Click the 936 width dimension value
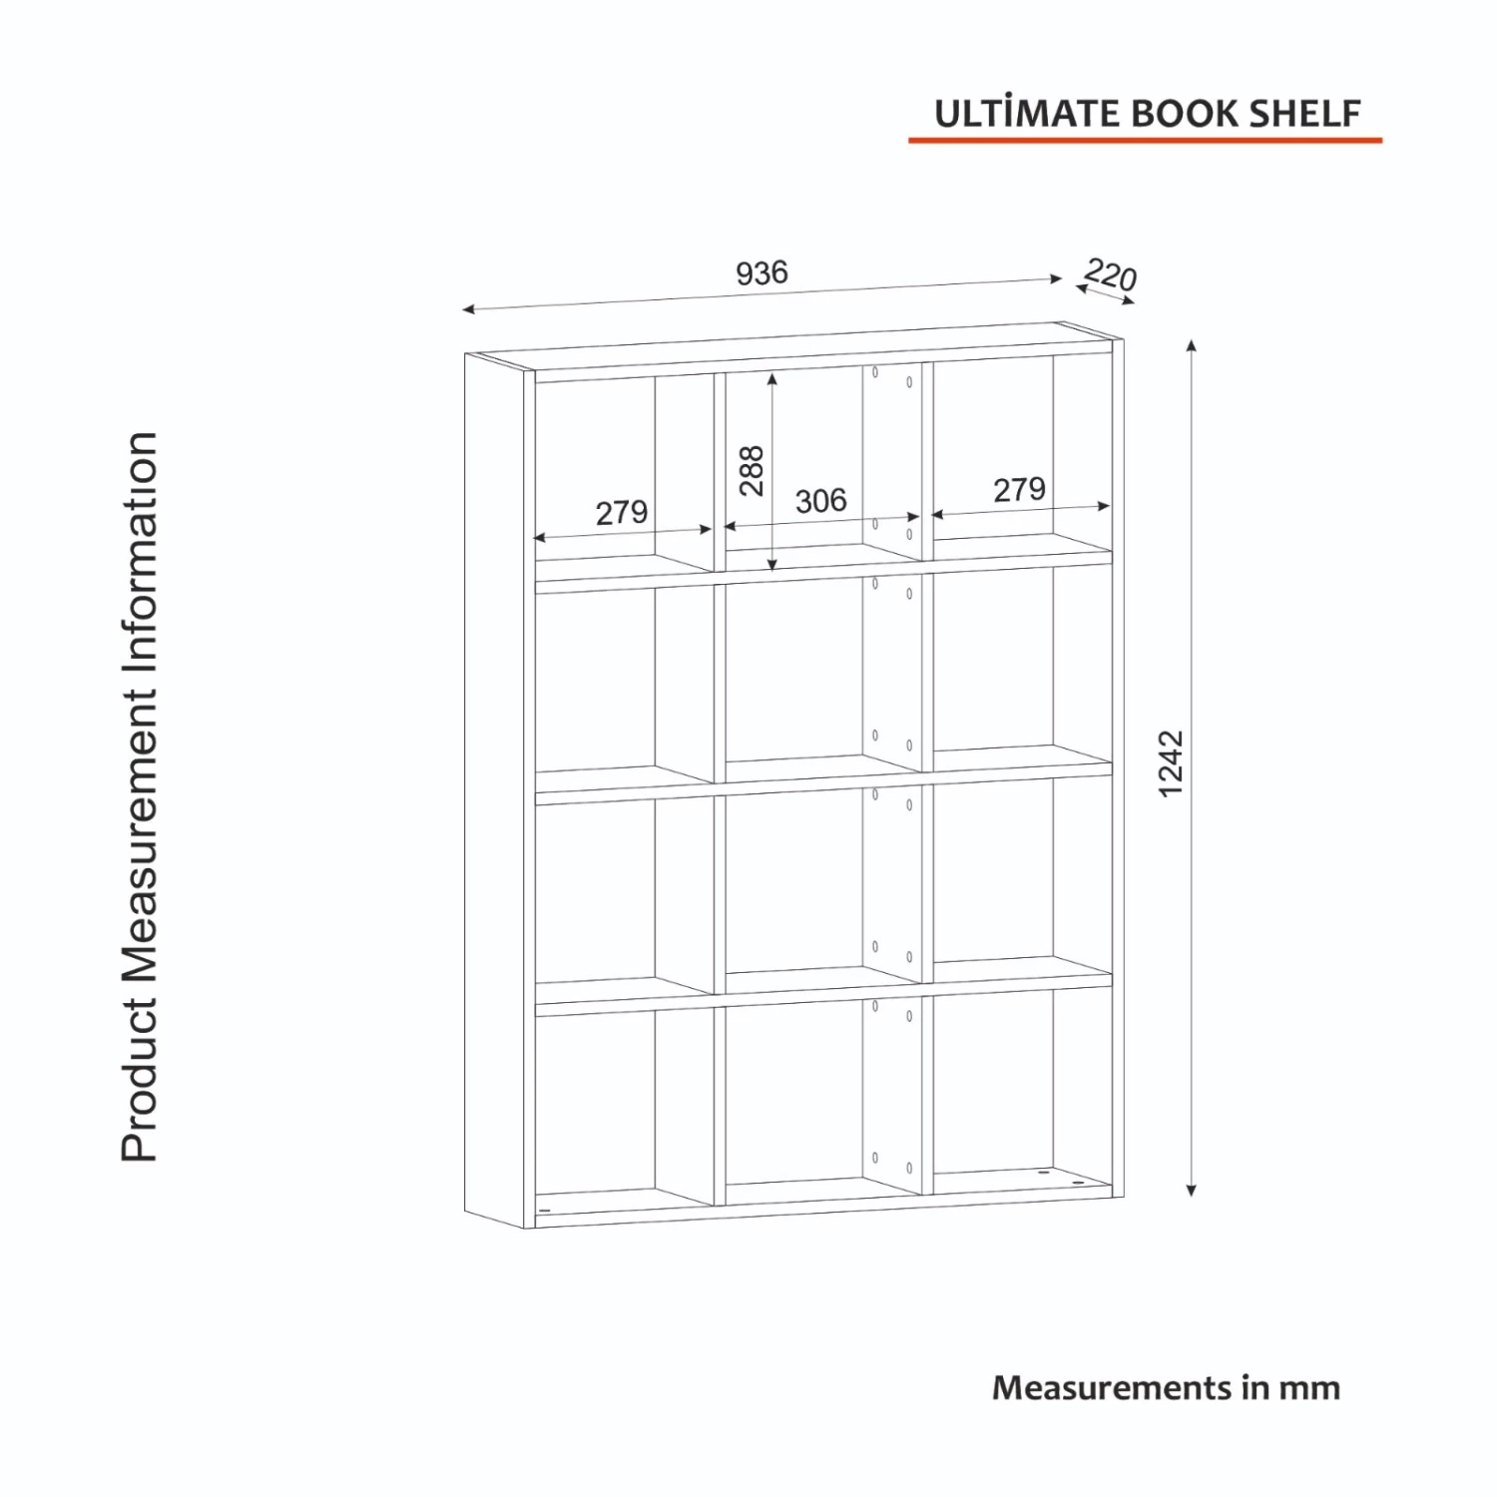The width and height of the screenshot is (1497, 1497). pos(761,272)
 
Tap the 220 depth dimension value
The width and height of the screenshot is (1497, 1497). pos(1111,274)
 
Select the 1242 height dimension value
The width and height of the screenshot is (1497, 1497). pos(1171,763)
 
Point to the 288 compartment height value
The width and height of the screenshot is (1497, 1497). pos(751,471)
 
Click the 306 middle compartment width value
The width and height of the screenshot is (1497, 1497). pos(820,501)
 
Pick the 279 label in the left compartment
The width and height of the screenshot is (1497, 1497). pos(622,513)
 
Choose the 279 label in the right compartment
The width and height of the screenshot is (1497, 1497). pos(1019,490)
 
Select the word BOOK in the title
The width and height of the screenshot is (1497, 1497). pos(1185,114)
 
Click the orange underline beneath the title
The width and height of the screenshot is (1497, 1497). pos(1145,141)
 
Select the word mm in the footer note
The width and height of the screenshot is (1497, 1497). pos(1311,1388)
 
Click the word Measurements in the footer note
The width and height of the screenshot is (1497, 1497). pos(1112,1388)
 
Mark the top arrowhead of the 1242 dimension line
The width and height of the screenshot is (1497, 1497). pos(1191,346)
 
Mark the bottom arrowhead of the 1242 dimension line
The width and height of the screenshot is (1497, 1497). pos(1191,1190)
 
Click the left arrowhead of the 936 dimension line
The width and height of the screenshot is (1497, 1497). pos(468,309)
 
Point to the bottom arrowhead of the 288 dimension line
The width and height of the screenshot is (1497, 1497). pos(772,566)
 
